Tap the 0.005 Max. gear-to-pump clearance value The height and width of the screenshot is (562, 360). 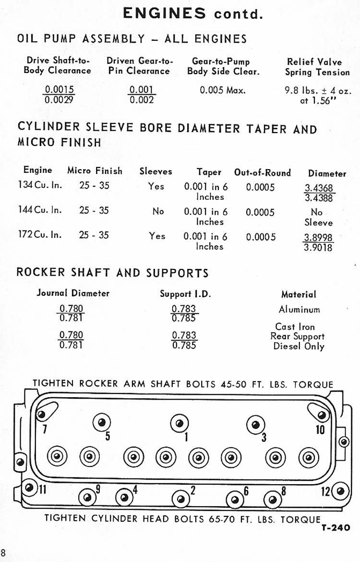[223, 90]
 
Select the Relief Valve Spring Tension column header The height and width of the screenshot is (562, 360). [317, 67]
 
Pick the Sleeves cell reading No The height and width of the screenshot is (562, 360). [158, 211]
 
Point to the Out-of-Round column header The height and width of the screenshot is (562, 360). [263, 172]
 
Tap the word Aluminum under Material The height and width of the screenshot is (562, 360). [299, 310]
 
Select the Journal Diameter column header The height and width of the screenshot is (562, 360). [73, 293]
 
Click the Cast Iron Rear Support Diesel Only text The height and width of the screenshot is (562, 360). [298, 336]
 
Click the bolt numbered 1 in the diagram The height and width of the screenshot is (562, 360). [179, 423]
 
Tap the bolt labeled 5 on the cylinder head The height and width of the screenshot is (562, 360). [101, 422]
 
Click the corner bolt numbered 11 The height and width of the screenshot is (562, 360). [30, 488]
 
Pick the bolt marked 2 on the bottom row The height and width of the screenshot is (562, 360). [181, 499]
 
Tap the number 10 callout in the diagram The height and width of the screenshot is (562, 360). [320, 429]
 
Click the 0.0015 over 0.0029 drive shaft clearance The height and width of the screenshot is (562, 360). [59, 95]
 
